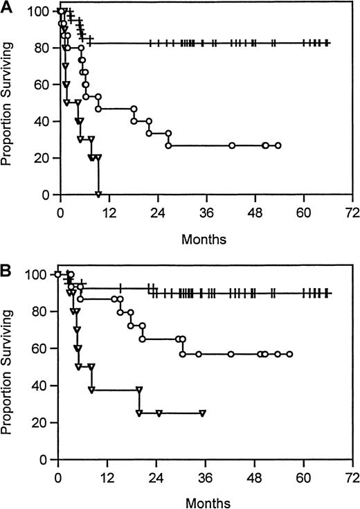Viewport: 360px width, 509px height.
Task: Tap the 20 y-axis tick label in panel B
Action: point(42,422)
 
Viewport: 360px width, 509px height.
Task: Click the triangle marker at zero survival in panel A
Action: point(99,194)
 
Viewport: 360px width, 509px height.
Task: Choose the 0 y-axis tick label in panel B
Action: point(45,459)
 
